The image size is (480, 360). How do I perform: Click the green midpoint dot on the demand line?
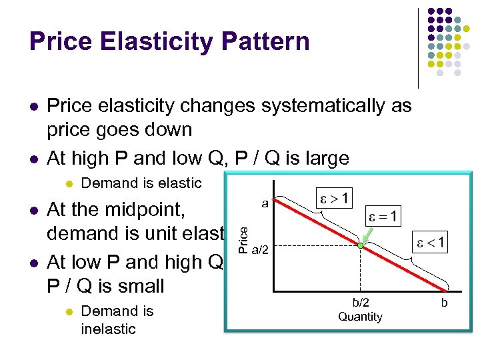360,246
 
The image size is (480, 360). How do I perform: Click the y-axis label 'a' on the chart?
265,203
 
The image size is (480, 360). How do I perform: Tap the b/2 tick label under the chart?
360,303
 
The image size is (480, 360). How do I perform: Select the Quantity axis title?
360,317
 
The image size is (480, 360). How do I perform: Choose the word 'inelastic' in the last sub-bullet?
108,329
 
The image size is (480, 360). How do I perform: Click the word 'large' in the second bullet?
325,158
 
